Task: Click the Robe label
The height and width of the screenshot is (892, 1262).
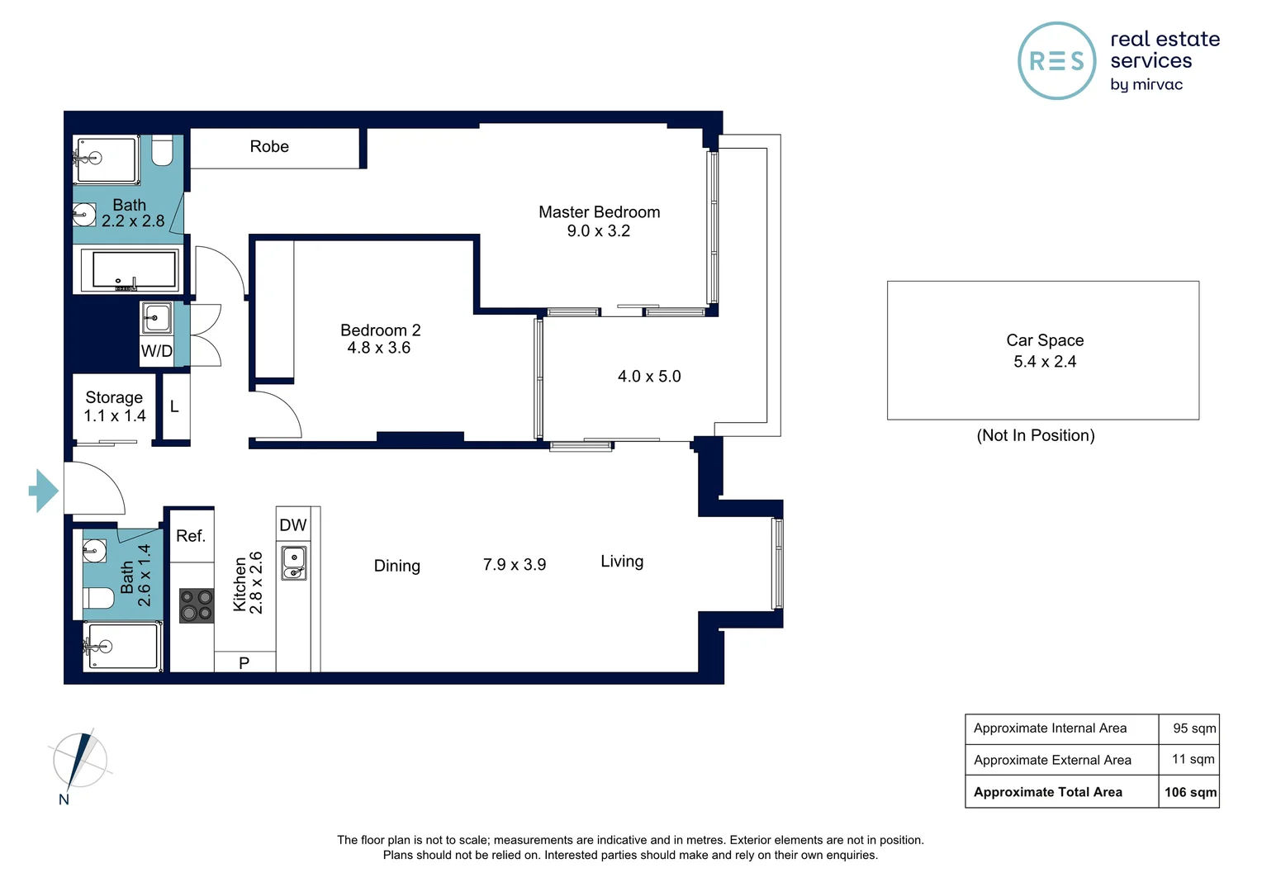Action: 269,146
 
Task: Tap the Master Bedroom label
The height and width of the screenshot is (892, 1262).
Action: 599,212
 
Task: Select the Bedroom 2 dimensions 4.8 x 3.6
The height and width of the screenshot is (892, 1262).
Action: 378,348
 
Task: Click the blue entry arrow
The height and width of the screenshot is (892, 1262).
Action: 44,491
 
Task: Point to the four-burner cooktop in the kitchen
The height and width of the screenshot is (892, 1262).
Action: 197,605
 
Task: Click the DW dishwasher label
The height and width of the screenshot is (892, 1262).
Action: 293,525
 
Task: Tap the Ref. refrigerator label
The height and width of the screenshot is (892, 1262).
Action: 191,536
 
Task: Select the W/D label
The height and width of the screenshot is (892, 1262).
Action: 157,351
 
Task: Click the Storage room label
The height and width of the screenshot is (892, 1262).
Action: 114,397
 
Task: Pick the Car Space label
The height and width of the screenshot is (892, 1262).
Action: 1045,340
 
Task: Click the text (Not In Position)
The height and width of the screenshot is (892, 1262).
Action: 1036,435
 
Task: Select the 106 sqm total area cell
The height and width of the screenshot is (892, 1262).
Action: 1189,792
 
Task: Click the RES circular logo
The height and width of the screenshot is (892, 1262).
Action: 1057,61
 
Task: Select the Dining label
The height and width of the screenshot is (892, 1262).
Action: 396,565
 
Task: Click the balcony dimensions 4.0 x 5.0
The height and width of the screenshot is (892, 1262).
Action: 649,377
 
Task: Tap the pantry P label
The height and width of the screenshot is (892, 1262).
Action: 244,662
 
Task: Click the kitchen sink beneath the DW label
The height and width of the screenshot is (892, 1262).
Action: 294,563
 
